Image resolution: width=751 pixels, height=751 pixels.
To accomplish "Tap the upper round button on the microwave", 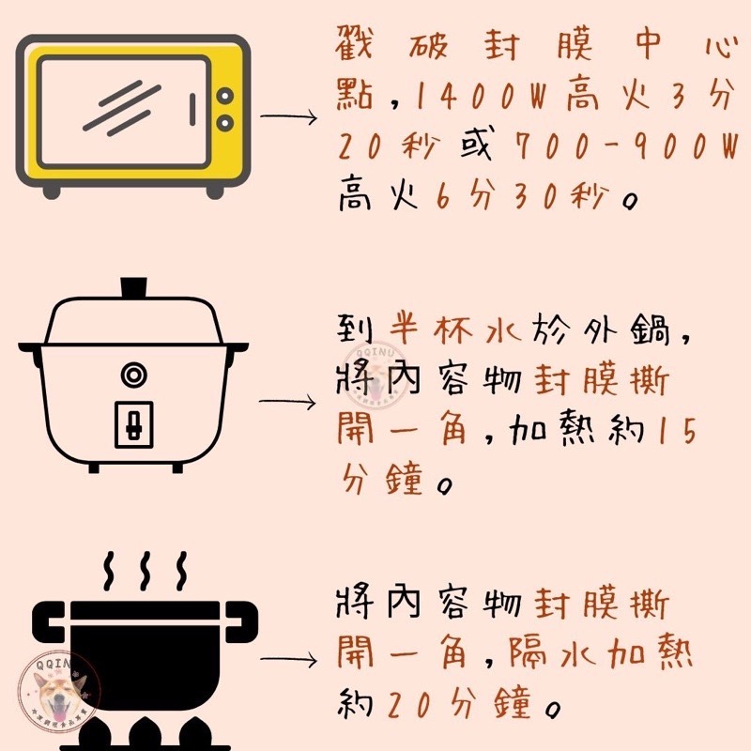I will (225, 94).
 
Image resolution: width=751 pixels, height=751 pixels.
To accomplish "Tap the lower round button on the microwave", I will (225, 122).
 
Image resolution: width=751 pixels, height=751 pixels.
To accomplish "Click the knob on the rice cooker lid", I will (134, 286).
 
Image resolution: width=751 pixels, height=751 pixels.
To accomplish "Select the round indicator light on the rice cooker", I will (134, 375).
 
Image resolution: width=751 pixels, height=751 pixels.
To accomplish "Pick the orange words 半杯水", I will (438, 330).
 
